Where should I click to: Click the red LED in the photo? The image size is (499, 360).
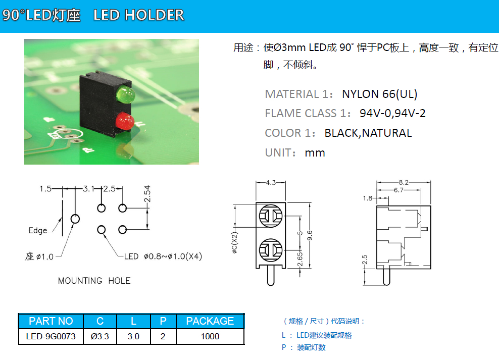[124, 122]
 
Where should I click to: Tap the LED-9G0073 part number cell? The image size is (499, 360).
[51, 336]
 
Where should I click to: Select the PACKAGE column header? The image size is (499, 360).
[210, 321]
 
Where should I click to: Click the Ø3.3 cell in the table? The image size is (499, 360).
[100, 336]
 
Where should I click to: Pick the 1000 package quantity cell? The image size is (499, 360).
[210, 336]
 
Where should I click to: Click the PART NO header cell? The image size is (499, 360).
[51, 321]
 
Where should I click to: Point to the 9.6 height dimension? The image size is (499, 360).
[310, 236]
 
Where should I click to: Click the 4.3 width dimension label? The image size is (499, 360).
[271, 183]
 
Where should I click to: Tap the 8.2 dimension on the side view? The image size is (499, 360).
[404, 182]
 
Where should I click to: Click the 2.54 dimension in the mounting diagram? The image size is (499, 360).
[148, 194]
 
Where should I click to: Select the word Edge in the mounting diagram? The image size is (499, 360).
[37, 231]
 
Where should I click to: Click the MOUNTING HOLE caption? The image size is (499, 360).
[94, 281]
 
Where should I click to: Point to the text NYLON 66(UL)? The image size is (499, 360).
[380, 94]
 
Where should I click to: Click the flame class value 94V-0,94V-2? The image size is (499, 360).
[392, 113]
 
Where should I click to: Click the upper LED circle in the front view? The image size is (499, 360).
[271, 217]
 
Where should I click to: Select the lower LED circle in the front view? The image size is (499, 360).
[271, 250]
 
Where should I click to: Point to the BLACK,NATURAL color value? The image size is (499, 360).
[368, 133]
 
